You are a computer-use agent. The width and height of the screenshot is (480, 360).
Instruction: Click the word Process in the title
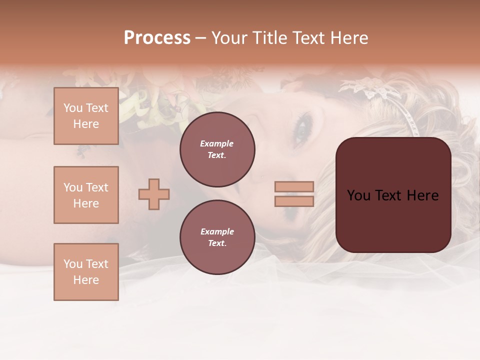coord(157,38)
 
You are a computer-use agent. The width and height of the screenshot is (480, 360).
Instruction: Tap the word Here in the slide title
coord(348,38)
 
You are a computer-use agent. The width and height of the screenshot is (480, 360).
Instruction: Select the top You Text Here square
coord(86,116)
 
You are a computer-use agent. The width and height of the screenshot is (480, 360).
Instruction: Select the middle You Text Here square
coord(86,195)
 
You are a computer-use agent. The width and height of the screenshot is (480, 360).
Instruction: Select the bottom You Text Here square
coord(86,271)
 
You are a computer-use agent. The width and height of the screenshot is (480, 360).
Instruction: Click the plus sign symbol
coord(154,194)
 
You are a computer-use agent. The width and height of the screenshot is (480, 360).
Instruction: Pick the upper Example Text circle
coord(217,149)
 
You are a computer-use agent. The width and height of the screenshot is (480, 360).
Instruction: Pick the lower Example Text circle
coord(217,237)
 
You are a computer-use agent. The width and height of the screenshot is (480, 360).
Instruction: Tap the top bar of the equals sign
coord(294,186)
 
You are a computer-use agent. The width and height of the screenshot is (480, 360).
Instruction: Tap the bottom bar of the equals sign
coord(294,201)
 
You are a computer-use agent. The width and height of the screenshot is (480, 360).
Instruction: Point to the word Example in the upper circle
coord(217,143)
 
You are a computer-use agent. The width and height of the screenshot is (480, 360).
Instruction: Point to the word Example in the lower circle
coord(217,231)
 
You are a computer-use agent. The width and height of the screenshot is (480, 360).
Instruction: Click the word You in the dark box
coord(358,195)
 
